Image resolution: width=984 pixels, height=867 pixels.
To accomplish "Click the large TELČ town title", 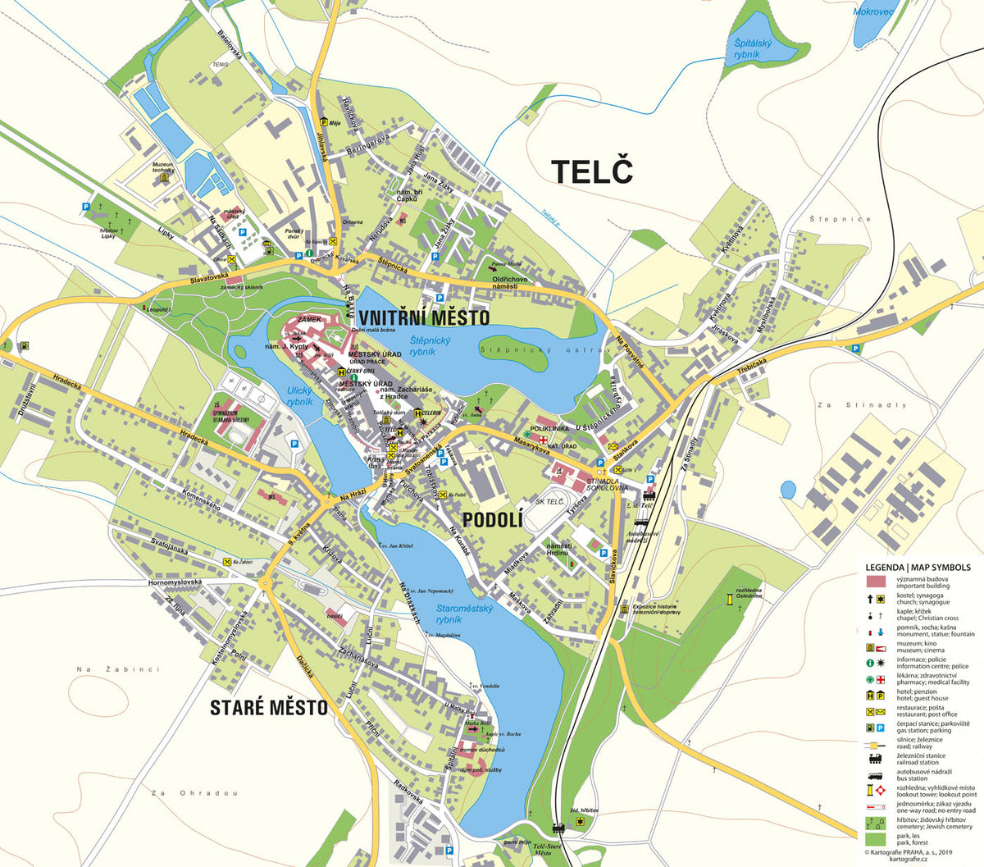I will [x=592, y=171].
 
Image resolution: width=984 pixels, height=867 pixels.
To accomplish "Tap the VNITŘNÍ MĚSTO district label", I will [x=423, y=317].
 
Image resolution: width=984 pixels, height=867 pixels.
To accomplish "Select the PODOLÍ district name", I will [x=492, y=520].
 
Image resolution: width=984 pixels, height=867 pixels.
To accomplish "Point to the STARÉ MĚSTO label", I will [x=268, y=707].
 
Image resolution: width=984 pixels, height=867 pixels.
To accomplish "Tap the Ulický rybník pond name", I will [x=299, y=396].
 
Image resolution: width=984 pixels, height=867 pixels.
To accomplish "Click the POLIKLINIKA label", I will [x=549, y=428].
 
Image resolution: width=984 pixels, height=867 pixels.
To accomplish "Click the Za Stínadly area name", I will [x=862, y=405].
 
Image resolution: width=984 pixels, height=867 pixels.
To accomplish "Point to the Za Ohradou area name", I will [x=195, y=793].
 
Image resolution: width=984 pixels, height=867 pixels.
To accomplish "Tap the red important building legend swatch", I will [x=877, y=582].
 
